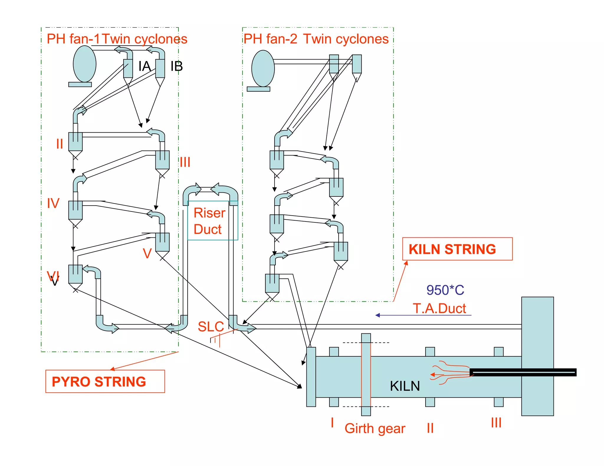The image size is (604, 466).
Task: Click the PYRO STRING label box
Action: [105, 381]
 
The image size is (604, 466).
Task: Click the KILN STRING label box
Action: [457, 249]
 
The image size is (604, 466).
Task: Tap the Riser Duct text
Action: [209, 221]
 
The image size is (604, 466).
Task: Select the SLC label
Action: [211, 326]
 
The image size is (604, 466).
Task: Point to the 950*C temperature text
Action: [445, 290]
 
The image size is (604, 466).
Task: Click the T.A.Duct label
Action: [439, 308]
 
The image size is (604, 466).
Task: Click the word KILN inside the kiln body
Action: [405, 386]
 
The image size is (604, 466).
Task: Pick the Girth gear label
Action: [375, 429]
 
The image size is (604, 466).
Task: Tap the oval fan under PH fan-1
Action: [85, 64]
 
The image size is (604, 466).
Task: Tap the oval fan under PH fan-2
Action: [263, 68]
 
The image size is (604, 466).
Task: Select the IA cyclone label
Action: [145, 66]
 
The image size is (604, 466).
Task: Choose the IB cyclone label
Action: [177, 66]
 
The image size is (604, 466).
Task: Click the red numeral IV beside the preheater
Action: [53, 204]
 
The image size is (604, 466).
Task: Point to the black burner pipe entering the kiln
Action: [523, 372]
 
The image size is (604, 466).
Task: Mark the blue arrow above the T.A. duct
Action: [423, 315]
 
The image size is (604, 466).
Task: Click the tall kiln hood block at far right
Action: [537, 356]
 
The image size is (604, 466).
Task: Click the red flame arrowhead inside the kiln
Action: [432, 375]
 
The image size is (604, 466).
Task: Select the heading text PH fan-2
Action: [270, 39]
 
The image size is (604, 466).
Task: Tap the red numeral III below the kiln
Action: [496, 423]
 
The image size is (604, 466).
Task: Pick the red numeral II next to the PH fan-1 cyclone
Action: [60, 144]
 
